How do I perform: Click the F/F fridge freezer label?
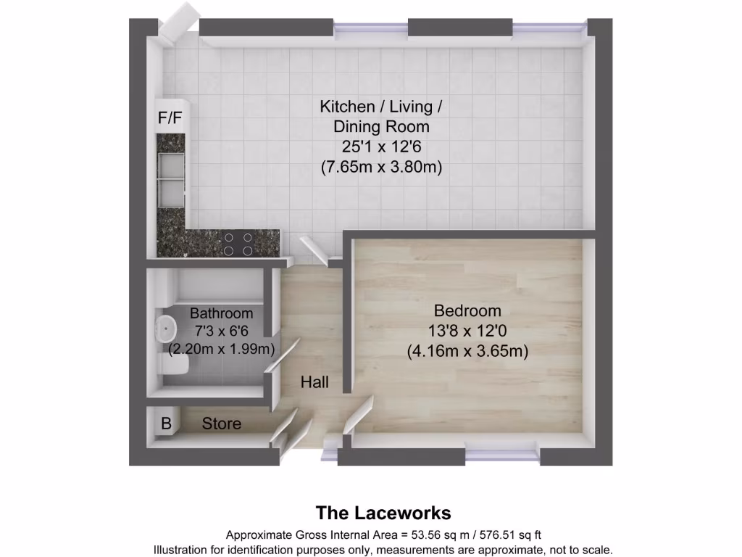(171, 117)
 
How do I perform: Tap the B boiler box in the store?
(166, 424)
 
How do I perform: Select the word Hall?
(315, 381)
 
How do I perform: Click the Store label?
(222, 424)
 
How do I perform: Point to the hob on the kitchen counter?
(238, 244)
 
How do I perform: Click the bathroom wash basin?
(167, 329)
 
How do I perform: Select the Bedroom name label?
(467, 311)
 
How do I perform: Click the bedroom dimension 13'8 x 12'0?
(467, 331)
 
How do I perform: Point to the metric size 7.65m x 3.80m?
(381, 167)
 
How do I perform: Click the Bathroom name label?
(222, 314)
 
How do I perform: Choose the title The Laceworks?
(383, 513)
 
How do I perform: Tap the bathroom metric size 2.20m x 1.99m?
(222, 350)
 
